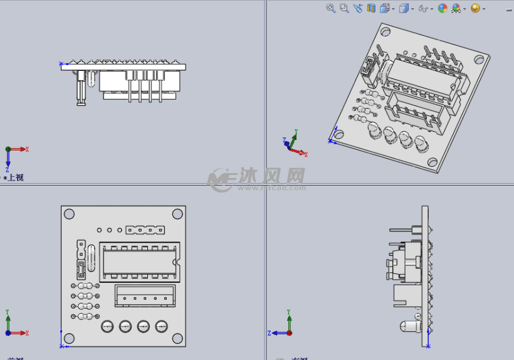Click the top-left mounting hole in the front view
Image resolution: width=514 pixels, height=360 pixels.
pyautogui.click(x=69, y=214)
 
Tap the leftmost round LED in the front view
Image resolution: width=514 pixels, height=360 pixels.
pyautogui.click(x=107, y=326)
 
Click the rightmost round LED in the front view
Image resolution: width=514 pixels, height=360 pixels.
pyautogui.click(x=162, y=326)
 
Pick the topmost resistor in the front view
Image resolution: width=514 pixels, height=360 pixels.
pyautogui.click(x=85, y=286)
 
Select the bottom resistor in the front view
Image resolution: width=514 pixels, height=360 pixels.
pyautogui.click(x=85, y=316)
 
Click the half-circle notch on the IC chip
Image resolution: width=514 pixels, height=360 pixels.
pyautogui.click(x=177, y=262)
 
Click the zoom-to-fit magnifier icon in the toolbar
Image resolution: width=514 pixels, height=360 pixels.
pyautogui.click(x=331, y=8)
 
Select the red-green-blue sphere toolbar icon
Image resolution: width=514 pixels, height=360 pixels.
pyautogui.click(x=443, y=8)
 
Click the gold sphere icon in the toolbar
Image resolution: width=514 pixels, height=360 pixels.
pyautogui.click(x=475, y=8)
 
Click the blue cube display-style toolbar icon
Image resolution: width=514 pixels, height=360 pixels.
pyautogui.click(x=404, y=8)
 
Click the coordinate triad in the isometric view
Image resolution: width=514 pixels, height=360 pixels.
pyautogui.click(x=292, y=146)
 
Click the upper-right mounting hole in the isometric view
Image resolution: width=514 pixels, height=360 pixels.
pyautogui.click(x=479, y=59)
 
